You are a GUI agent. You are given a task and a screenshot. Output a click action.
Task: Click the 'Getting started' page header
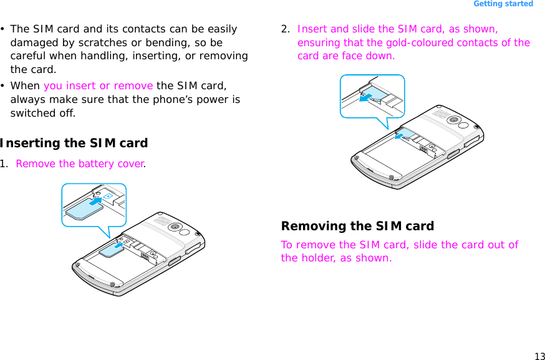point(503,4)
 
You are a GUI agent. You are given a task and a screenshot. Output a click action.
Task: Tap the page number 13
point(539,356)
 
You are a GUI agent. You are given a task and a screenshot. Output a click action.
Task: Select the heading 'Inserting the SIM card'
point(74,143)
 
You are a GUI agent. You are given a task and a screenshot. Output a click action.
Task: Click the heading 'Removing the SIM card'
point(357,226)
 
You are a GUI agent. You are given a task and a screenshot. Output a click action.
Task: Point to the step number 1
point(4,164)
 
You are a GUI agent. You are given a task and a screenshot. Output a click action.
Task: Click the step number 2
point(285,29)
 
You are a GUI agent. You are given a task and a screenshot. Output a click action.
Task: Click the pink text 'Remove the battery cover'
point(80,164)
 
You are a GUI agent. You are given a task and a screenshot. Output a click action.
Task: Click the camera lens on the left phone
point(176,226)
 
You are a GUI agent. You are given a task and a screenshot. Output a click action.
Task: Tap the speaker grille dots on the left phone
point(162,221)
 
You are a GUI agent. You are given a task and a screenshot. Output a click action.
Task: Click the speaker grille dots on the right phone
point(440,114)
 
